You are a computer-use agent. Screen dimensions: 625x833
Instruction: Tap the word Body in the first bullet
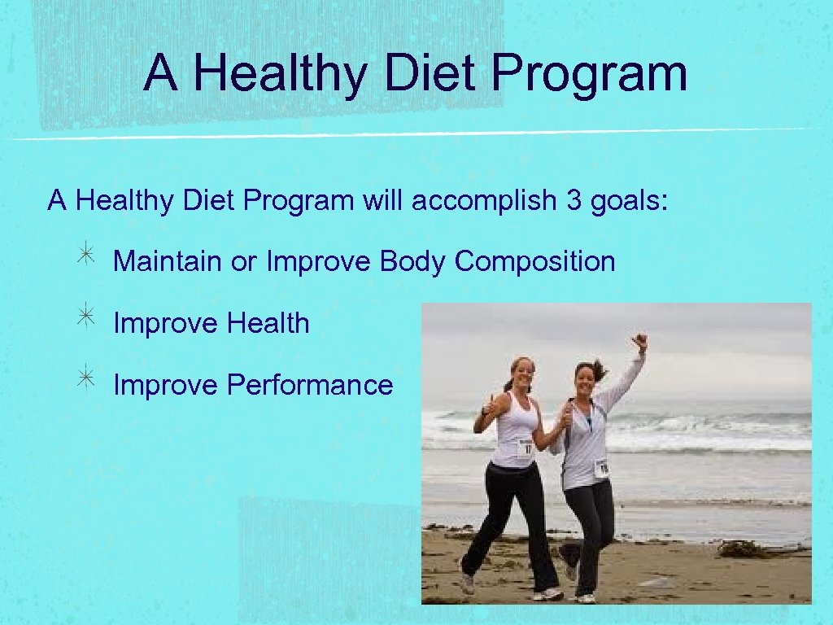(x=413, y=261)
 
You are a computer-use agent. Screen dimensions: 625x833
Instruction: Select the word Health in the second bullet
(x=268, y=323)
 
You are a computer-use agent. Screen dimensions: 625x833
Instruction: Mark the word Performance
(x=310, y=384)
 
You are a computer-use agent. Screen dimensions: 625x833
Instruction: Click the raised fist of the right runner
(x=641, y=341)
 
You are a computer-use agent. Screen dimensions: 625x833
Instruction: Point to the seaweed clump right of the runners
(x=744, y=549)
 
